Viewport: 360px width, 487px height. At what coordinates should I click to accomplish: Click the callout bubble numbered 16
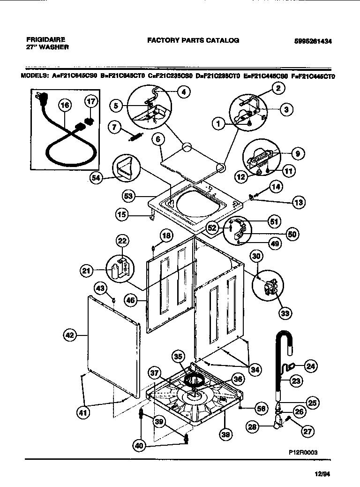click(65, 105)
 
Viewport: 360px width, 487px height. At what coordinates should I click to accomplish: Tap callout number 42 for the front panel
click(69, 335)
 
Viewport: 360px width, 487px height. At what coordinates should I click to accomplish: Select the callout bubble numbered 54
click(97, 178)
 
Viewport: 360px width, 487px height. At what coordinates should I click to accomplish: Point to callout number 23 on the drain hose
click(296, 381)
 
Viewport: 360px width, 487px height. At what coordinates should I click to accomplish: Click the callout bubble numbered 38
click(226, 435)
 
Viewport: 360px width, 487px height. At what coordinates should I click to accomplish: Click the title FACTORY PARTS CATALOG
click(193, 40)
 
